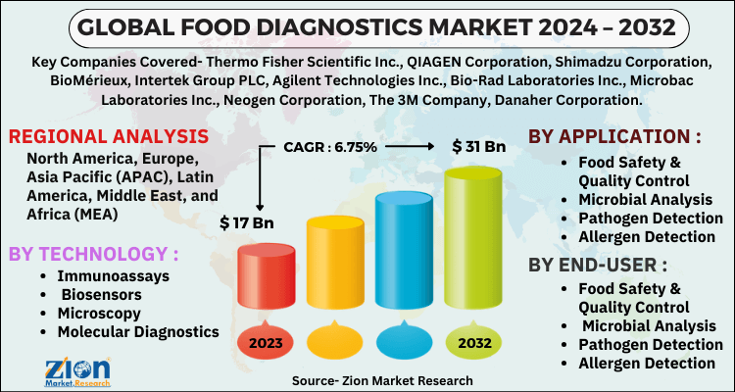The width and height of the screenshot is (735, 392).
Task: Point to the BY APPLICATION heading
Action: click(614, 136)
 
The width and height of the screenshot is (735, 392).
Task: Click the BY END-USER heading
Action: click(598, 266)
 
